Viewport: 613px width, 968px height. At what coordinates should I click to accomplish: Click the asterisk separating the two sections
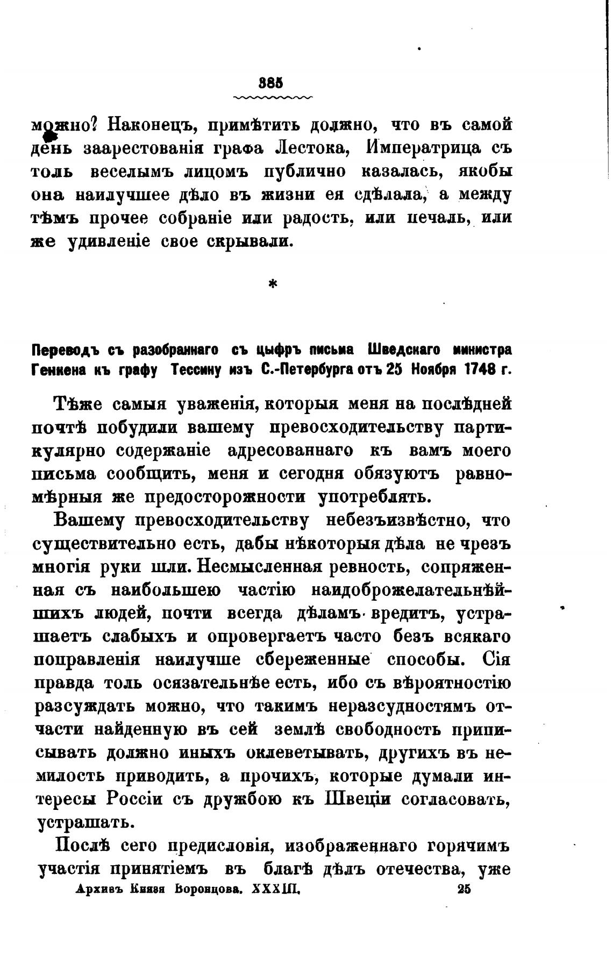[273, 284]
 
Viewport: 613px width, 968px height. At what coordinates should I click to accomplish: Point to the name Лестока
[310, 148]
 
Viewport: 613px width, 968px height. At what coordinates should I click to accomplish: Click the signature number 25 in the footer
[463, 889]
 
